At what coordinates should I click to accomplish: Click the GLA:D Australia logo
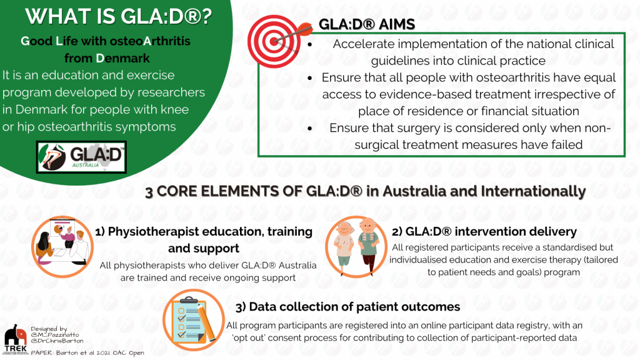point(81,157)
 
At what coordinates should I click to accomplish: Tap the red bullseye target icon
point(275,41)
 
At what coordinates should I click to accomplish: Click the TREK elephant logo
point(15,339)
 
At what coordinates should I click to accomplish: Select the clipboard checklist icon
point(194,320)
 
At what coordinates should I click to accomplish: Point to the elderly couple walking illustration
point(356,246)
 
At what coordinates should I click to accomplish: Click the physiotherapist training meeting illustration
point(62,247)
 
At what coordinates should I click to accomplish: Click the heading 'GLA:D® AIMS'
point(366,24)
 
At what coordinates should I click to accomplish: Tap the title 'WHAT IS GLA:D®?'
point(118,16)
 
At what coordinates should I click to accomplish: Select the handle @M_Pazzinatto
point(55,335)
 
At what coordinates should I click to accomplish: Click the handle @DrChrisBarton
point(57,341)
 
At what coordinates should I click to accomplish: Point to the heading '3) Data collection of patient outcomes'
point(347,307)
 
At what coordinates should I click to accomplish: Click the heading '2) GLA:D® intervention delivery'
point(484,232)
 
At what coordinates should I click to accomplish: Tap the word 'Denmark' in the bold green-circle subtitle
point(123,58)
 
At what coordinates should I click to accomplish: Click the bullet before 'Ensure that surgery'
point(310,129)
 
